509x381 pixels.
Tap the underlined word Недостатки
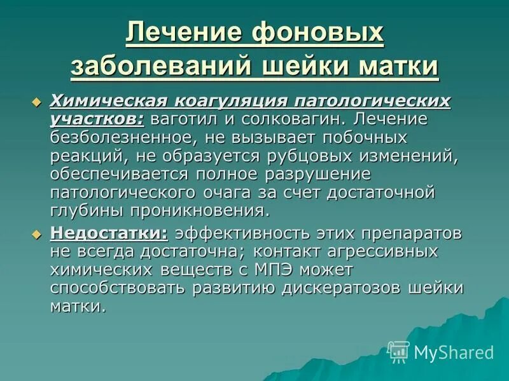tap(109, 233)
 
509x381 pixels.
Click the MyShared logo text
tap(454, 352)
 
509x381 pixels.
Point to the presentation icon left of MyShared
tap(399, 351)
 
